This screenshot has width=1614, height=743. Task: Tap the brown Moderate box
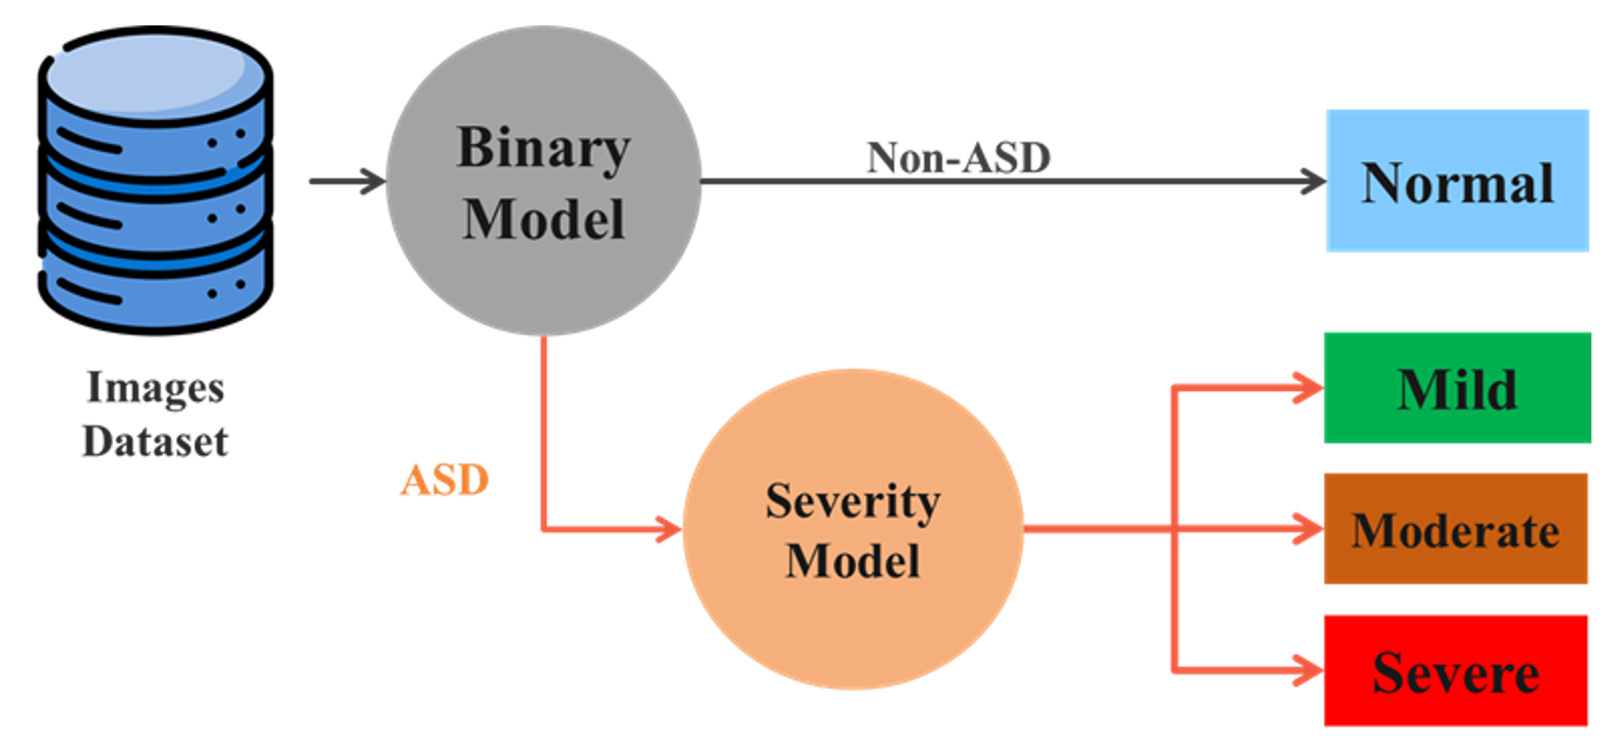click(1455, 529)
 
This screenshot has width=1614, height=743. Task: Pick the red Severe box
click(1455, 671)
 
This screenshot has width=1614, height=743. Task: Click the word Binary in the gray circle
click(543, 149)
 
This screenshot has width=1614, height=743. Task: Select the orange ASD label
click(444, 480)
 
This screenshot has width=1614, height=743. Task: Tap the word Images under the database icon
click(155, 389)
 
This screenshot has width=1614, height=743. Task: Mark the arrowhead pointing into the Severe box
click(1311, 671)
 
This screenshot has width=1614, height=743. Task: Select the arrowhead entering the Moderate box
click(1311, 529)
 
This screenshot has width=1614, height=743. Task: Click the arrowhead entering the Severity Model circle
click(669, 529)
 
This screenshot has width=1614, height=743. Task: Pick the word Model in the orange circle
click(853, 561)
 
